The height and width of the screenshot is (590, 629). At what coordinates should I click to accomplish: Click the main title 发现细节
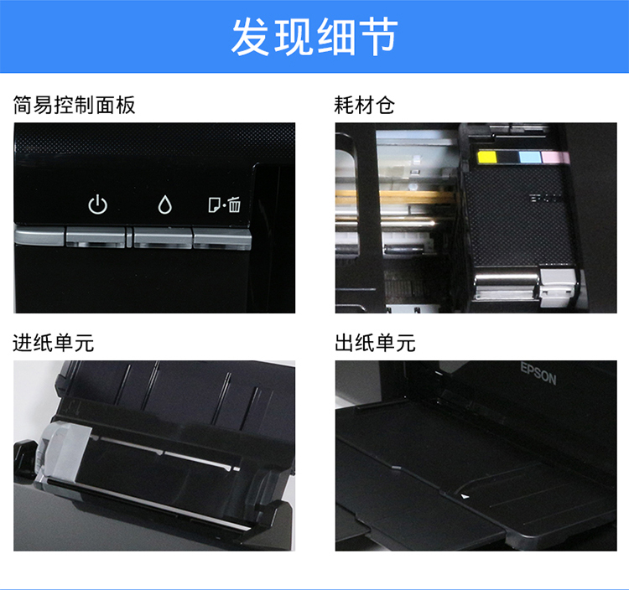tap(314, 37)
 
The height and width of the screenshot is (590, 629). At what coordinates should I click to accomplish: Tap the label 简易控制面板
tap(74, 105)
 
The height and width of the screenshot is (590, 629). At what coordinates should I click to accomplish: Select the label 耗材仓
tap(364, 105)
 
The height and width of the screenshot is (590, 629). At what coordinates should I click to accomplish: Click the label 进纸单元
tap(54, 343)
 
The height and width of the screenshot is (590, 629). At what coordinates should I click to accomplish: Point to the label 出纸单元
tap(375, 343)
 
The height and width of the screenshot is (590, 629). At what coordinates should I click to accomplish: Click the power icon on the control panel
tap(97, 204)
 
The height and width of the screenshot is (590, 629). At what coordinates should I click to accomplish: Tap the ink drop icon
tap(164, 204)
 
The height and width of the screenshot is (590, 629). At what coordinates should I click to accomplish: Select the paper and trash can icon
tap(224, 204)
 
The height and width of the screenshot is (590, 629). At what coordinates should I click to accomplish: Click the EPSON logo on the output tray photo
tap(538, 374)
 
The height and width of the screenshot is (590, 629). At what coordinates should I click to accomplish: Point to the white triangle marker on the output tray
tap(465, 496)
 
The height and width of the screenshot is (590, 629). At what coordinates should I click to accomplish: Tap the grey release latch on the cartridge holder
tap(558, 286)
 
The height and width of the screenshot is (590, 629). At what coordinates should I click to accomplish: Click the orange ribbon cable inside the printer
tap(398, 196)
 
